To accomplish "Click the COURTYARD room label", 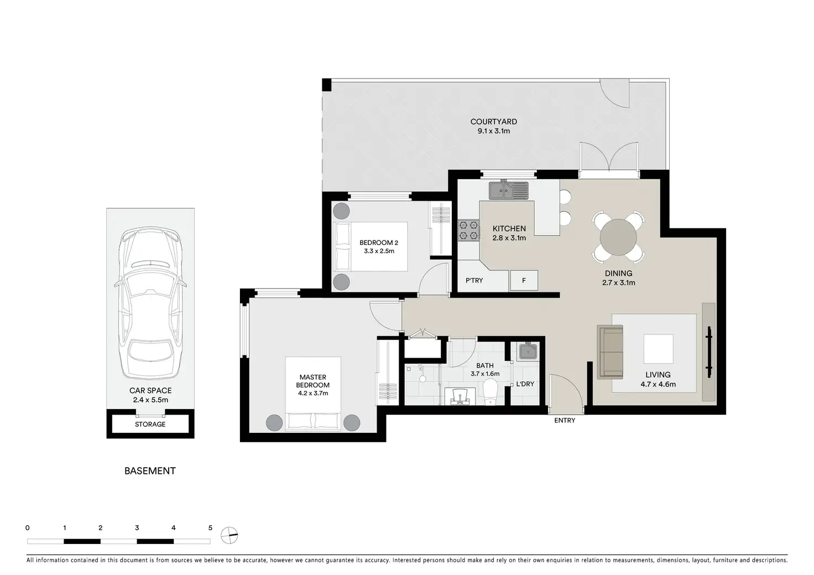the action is pos(493,122).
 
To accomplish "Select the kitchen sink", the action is pos(508,190).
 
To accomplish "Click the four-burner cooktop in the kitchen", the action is pos(468,231).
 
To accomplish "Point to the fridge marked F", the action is pos(524,280).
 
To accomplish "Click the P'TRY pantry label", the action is pos(474,280).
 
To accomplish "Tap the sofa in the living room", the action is pos(610,352).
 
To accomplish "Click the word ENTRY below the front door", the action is pos(565,420).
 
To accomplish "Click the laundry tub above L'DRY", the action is pos(528,351).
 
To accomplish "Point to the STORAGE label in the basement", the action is pos(150,424).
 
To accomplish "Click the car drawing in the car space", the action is pos(150,304).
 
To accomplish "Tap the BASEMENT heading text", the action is pos(150,471).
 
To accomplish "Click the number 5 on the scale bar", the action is pos(210,528).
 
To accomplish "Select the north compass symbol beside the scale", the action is pos(229,535).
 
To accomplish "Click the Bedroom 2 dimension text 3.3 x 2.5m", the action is pos(379,251).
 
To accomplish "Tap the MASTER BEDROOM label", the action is pos(313,381).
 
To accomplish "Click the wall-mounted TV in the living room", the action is pos(708,352).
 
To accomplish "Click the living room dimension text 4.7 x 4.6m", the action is pos(658,384).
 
